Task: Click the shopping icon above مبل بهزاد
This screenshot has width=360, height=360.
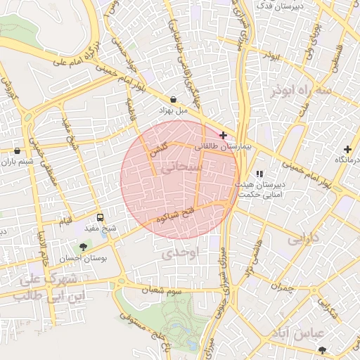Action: click(x=173, y=99)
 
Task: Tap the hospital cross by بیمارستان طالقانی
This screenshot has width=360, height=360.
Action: click(x=224, y=135)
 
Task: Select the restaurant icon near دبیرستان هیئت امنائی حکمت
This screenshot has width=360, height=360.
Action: click(x=259, y=173)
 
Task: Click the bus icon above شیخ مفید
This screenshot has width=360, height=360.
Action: click(x=100, y=217)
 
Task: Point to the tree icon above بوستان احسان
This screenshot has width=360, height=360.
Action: click(x=84, y=247)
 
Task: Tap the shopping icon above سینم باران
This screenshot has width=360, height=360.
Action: click(x=17, y=150)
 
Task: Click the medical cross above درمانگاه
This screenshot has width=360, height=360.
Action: click(x=347, y=149)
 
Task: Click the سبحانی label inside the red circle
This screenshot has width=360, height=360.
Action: click(x=181, y=169)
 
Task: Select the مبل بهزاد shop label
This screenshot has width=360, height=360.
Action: click(x=173, y=111)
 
